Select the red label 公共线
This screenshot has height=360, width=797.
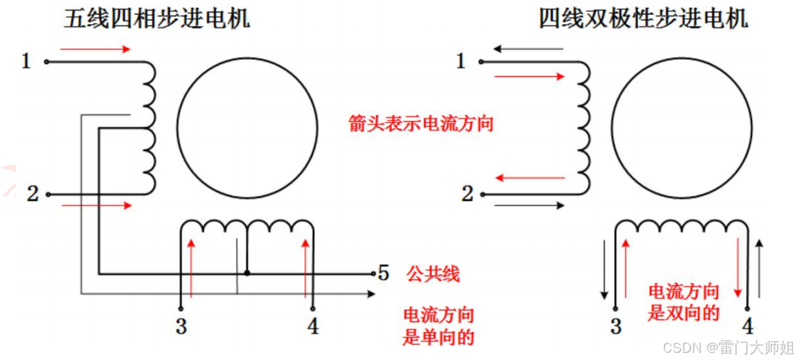(x=433, y=274)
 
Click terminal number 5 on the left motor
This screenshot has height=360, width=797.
(x=384, y=274)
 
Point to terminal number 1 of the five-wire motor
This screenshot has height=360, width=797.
(x=26, y=62)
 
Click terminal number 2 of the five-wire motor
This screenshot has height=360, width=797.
(x=32, y=194)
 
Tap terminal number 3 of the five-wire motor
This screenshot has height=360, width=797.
(x=181, y=327)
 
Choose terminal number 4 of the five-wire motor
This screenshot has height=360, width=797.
(x=313, y=327)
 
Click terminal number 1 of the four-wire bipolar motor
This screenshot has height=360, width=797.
(x=460, y=62)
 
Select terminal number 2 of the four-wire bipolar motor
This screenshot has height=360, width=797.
(x=467, y=194)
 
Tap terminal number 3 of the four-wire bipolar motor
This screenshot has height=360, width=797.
(x=616, y=327)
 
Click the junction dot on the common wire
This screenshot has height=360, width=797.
(x=247, y=274)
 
